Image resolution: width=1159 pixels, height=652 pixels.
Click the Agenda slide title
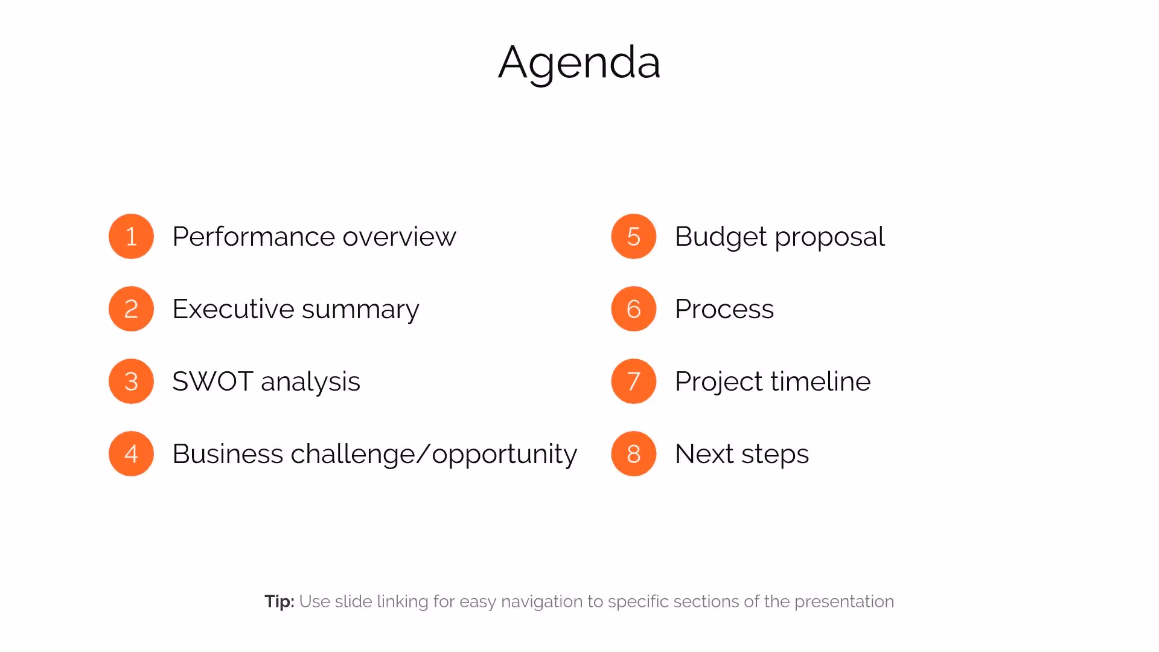[579, 62]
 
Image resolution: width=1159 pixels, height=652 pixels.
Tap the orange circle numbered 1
[131, 236]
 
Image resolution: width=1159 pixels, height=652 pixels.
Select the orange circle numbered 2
[131, 308]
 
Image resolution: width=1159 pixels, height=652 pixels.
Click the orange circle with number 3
[131, 381]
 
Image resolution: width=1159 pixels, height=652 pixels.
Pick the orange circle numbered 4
[131, 453]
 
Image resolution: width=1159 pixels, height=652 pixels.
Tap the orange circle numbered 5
[633, 236]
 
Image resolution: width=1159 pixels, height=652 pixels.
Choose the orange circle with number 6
[633, 308]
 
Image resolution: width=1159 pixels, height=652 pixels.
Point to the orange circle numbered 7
[633, 381]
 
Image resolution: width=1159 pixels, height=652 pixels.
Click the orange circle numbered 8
[633, 453]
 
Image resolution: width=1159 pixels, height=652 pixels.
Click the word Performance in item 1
[253, 236]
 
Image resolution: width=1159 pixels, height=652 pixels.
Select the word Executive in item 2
[233, 308]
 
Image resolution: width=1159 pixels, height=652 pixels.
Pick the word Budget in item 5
[721, 236]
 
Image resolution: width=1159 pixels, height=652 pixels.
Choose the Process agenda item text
[724, 308]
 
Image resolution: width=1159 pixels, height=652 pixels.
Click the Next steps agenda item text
[741, 453]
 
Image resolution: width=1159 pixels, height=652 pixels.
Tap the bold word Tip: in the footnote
[279, 601]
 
